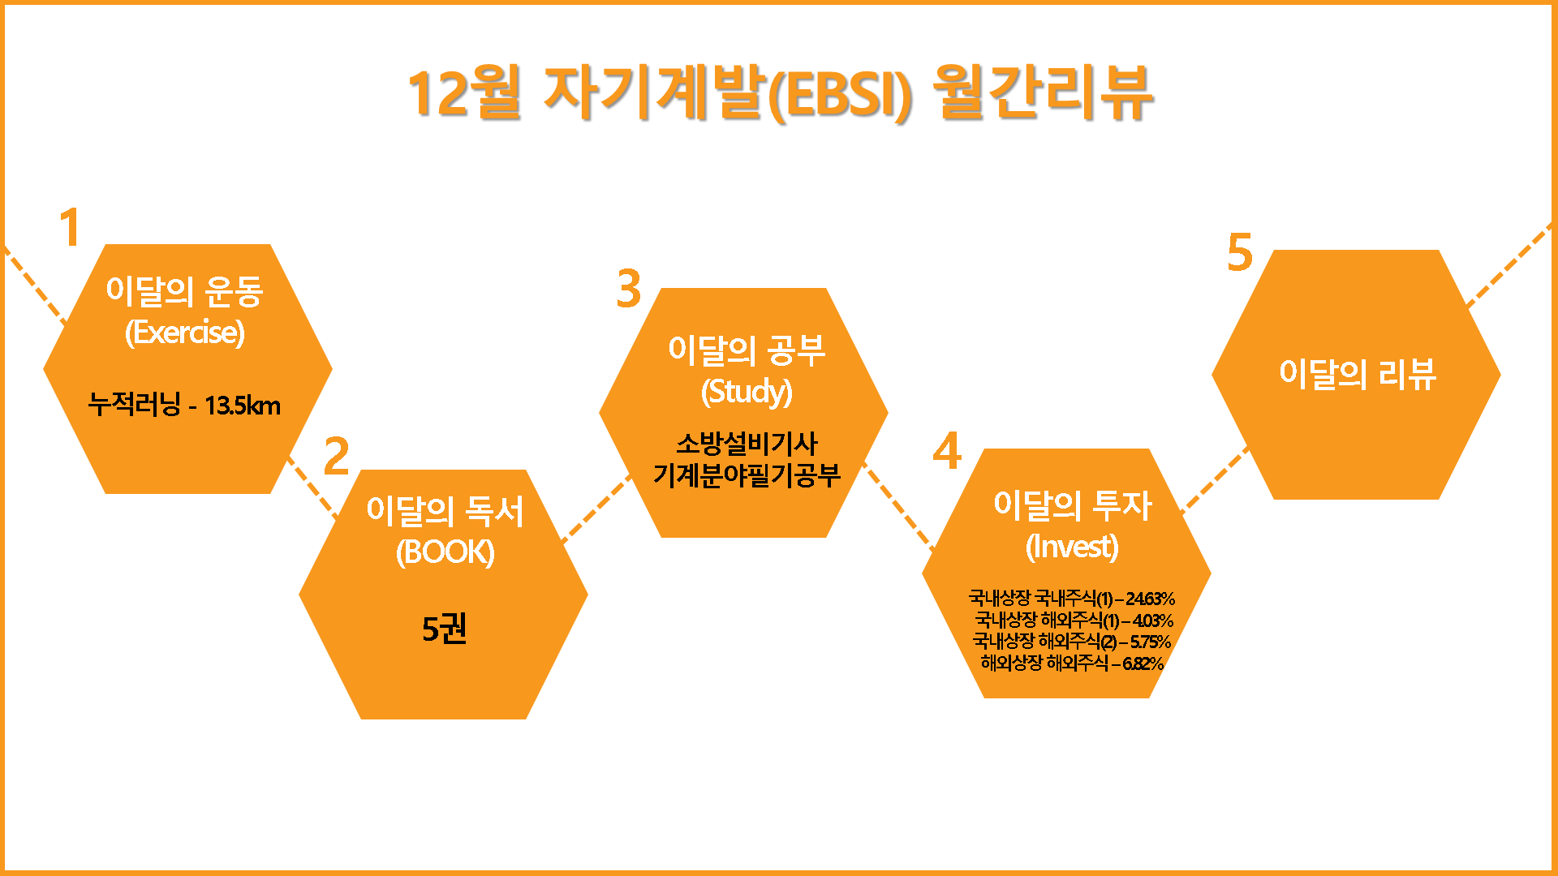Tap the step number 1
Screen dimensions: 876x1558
click(71, 227)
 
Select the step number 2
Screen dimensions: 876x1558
click(336, 456)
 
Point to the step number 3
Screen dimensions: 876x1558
click(628, 289)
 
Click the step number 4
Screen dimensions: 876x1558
click(947, 451)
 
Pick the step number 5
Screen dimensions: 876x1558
click(1240, 252)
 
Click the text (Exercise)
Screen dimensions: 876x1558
click(185, 333)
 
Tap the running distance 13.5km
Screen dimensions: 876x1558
click(243, 405)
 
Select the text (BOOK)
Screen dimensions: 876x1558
click(445, 552)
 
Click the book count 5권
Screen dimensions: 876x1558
click(445, 629)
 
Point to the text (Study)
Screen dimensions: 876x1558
click(747, 392)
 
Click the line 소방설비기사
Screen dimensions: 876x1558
click(747, 444)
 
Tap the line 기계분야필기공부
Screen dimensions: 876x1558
click(747, 475)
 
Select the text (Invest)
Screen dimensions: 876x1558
click(1072, 547)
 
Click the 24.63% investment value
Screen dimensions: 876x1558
click(1150, 599)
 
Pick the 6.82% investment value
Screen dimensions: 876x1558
click(1143, 663)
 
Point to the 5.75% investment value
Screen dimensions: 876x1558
click(1150, 642)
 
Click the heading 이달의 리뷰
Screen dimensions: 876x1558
click(1358, 374)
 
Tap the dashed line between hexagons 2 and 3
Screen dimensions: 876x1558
click(596, 509)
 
